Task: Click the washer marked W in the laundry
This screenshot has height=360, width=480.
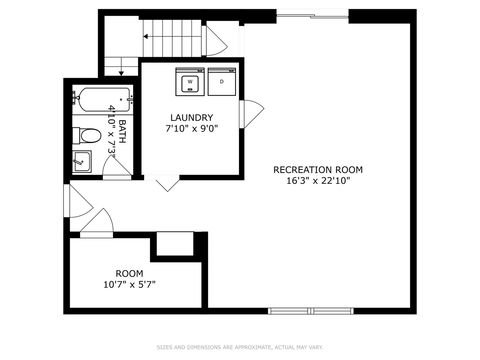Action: coord(190,81)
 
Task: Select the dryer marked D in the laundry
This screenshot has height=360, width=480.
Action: coord(221,81)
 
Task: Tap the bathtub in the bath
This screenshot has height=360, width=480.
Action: coord(101,100)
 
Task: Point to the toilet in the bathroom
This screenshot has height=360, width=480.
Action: coord(88,136)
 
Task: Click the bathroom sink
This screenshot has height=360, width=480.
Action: coord(81,162)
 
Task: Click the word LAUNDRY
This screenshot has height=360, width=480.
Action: coord(191,117)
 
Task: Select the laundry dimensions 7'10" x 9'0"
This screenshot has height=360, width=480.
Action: coord(191,129)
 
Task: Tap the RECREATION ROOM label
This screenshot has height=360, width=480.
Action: coord(318,170)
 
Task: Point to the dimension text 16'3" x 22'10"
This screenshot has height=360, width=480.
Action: coord(318,182)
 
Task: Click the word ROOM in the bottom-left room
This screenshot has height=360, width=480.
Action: coord(129,273)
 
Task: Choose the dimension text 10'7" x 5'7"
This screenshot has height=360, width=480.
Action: coord(129,285)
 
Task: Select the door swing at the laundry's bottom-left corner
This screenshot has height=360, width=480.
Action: coord(166,183)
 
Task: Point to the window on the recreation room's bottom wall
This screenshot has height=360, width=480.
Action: coord(312,310)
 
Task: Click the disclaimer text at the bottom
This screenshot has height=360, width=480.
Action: coord(239,348)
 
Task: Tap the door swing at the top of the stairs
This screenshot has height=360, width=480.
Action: coord(218,42)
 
